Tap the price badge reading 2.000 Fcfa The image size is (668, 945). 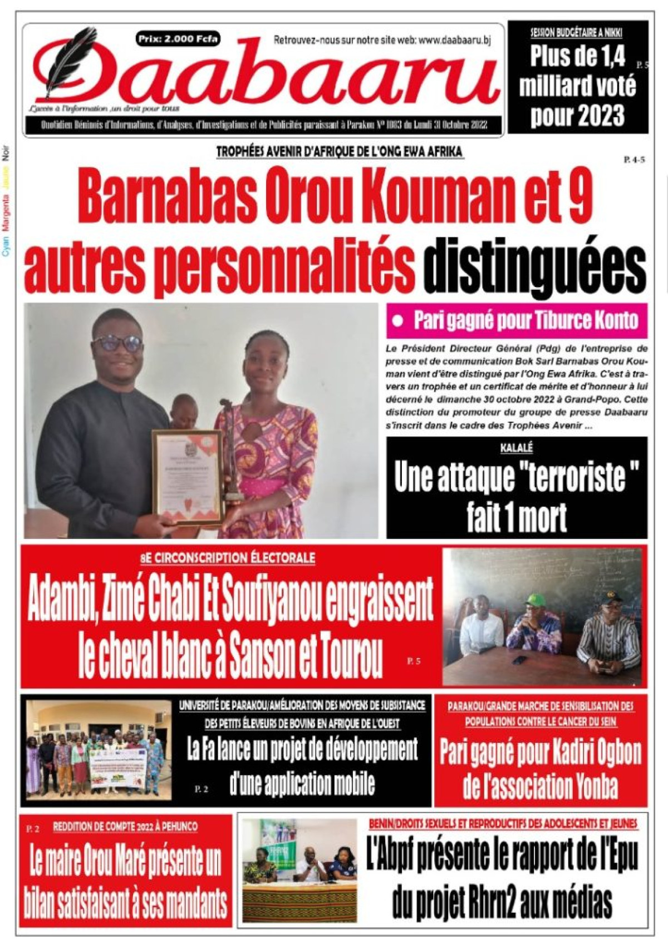pyautogui.click(x=178, y=38)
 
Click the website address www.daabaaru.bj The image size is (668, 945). pyautogui.click(x=453, y=40)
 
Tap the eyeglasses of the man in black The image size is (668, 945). pyautogui.click(x=117, y=343)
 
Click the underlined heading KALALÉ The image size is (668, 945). pyautogui.click(x=517, y=448)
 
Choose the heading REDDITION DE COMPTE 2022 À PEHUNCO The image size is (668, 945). pyautogui.click(x=125, y=827)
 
